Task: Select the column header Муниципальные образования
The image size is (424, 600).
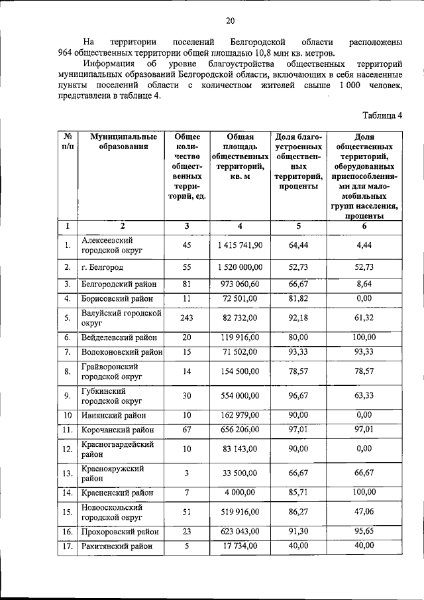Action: pos(120,141)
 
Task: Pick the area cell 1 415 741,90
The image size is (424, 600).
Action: pos(240,245)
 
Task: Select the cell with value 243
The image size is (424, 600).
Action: pos(186,318)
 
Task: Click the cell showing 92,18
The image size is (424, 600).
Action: pos(298,318)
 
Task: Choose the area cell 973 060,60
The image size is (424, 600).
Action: pos(240,284)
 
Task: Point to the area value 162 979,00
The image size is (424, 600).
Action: pos(240,416)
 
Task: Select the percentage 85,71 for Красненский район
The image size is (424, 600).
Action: pos(298,493)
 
